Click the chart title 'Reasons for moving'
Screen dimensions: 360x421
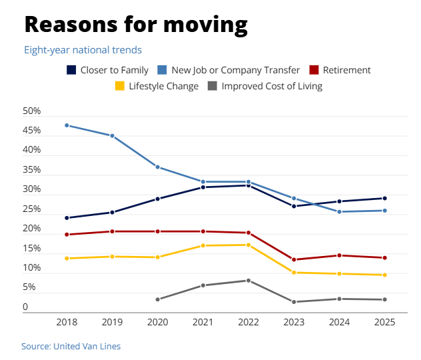(x=136, y=25)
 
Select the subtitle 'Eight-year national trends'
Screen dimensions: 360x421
(x=83, y=50)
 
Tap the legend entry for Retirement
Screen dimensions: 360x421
(x=338, y=70)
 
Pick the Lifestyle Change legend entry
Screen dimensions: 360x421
(x=157, y=86)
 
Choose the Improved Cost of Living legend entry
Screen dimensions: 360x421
(x=265, y=86)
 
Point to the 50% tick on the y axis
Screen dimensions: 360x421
(x=32, y=111)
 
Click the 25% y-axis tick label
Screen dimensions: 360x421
(x=32, y=209)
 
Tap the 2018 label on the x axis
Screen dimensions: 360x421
(x=67, y=322)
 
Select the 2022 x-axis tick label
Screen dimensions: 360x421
(x=248, y=322)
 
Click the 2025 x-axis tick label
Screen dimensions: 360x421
(x=385, y=322)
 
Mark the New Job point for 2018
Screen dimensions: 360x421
(x=67, y=125)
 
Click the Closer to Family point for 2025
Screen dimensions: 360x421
(x=385, y=198)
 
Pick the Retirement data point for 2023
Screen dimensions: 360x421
(x=294, y=259)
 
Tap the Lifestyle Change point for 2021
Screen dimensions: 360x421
(x=203, y=245)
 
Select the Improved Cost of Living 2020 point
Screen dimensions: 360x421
(x=158, y=299)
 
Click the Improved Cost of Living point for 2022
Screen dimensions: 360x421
(x=248, y=281)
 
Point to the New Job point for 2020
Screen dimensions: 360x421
(x=158, y=167)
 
